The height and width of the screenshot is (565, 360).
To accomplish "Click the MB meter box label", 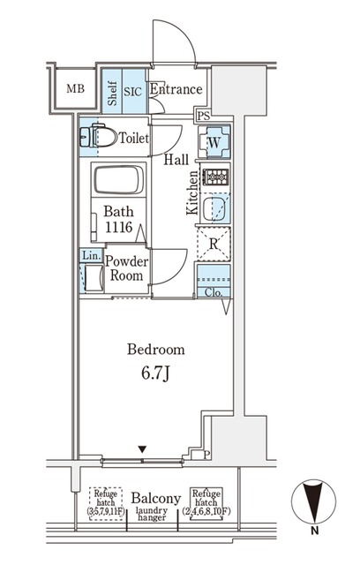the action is coord(75,88).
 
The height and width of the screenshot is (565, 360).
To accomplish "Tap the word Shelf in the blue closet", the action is coord(112,94).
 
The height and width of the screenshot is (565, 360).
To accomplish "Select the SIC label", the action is coord(133,92).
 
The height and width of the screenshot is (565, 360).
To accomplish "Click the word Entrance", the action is coord(176,89).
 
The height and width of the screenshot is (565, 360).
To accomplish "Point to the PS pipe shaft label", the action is coord(204,116).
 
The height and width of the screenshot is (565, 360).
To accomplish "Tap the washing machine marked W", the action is coord(214,141).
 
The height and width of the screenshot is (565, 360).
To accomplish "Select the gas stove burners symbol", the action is coord(215,177).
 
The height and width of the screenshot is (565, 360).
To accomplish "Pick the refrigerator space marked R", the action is coord(214,244).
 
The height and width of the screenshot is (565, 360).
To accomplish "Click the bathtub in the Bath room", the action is coord(118,180).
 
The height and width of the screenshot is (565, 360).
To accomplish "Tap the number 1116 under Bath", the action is coord(119,227).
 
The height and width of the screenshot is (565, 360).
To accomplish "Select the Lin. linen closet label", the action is coord(91,256).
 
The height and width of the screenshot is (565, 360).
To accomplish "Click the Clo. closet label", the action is coord(214,292).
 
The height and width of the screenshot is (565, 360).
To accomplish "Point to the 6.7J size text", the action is coord(155,373).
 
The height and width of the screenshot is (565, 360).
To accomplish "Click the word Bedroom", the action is coord(156,350).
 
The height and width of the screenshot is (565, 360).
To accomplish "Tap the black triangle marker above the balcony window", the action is coord(143,449).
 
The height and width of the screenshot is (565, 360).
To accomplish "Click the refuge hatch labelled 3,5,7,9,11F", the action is coord(106,503).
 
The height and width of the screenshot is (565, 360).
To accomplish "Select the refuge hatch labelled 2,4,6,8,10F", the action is coord(206,503).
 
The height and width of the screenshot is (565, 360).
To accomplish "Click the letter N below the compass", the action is coord(315,530).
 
